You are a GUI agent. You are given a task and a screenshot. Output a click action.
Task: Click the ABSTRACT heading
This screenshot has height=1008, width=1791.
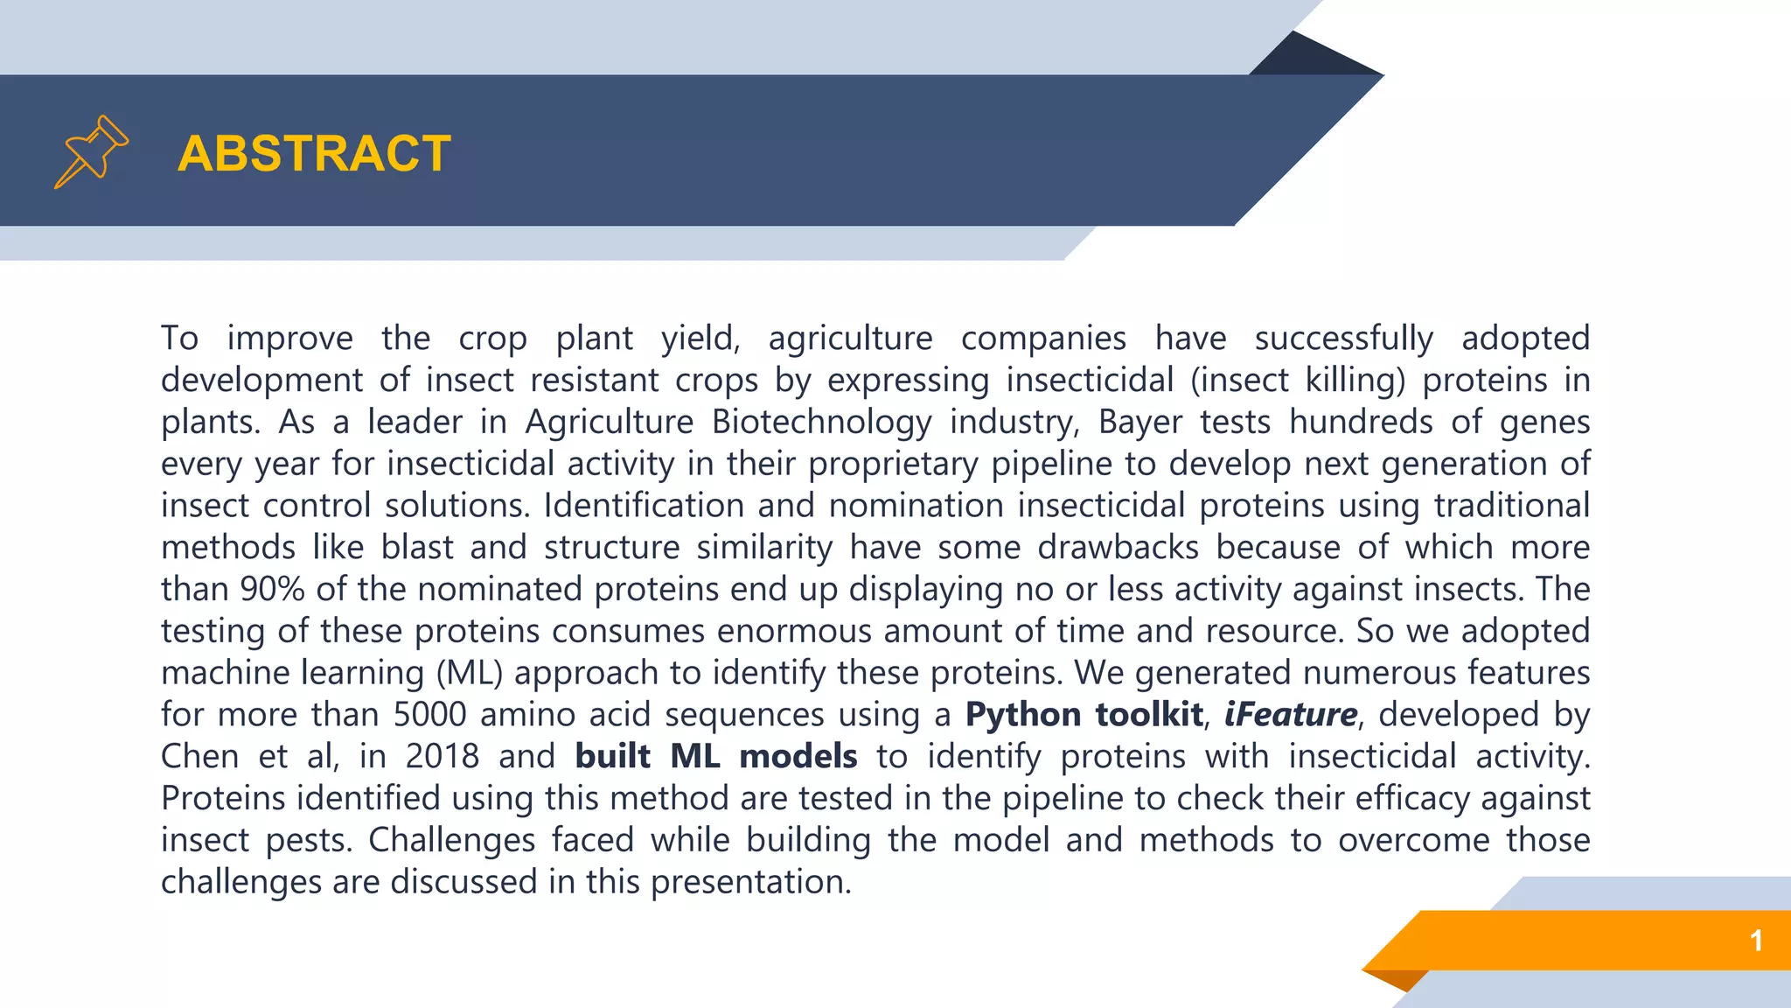[x=314, y=154]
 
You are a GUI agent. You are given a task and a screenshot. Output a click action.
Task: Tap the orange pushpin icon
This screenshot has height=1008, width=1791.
[x=91, y=152]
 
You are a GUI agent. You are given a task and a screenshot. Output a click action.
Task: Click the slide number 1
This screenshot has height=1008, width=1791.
[x=1755, y=941]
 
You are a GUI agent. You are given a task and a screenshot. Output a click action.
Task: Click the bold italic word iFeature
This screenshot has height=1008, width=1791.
[x=1290, y=715]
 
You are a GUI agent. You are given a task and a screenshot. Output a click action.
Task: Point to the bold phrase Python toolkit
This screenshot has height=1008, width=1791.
[x=1084, y=715]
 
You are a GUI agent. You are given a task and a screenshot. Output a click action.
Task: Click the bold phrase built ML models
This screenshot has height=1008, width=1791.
[x=715, y=756]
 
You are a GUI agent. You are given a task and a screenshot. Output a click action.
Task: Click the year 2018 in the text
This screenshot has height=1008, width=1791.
[x=442, y=756]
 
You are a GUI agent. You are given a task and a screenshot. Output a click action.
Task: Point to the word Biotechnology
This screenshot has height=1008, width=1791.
[x=821, y=422]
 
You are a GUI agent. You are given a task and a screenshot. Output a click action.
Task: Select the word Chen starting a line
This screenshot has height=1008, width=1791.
[x=199, y=756]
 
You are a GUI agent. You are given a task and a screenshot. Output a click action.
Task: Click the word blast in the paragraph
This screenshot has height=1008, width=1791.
[x=417, y=548]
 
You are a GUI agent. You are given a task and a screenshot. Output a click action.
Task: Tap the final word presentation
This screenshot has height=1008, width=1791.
[x=750, y=882]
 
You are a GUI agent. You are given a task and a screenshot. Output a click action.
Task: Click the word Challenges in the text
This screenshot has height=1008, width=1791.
[x=451, y=840]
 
